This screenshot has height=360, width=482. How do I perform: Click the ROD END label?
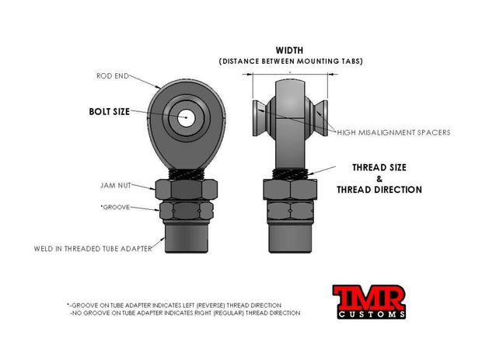[x=113, y=76]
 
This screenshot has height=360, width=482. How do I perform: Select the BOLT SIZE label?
[x=110, y=112]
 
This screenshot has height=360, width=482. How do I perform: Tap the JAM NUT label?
[x=116, y=185]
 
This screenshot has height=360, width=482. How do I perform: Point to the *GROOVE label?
[x=115, y=207]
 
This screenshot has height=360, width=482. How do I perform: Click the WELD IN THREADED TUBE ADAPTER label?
[x=93, y=249]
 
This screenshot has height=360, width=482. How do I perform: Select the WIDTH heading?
[x=289, y=50]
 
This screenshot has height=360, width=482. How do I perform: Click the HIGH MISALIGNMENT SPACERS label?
[x=394, y=132]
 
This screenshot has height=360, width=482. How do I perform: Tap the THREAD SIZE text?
[x=379, y=167]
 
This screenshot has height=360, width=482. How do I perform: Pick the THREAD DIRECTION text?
[x=379, y=190]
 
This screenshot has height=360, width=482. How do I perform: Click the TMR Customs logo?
[x=368, y=302]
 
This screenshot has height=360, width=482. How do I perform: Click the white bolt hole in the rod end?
[x=186, y=117]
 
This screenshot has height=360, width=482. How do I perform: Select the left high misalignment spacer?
[x=260, y=118]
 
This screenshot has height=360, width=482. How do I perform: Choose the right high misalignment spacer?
[x=320, y=118]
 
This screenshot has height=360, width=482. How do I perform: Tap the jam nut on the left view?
[x=187, y=190]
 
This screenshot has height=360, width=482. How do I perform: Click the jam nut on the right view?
[x=290, y=190]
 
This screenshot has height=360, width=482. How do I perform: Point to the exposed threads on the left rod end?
[x=187, y=174]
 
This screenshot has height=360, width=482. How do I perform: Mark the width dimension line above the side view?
[x=290, y=74]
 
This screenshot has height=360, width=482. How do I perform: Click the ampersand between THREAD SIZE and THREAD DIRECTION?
[x=379, y=179]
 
